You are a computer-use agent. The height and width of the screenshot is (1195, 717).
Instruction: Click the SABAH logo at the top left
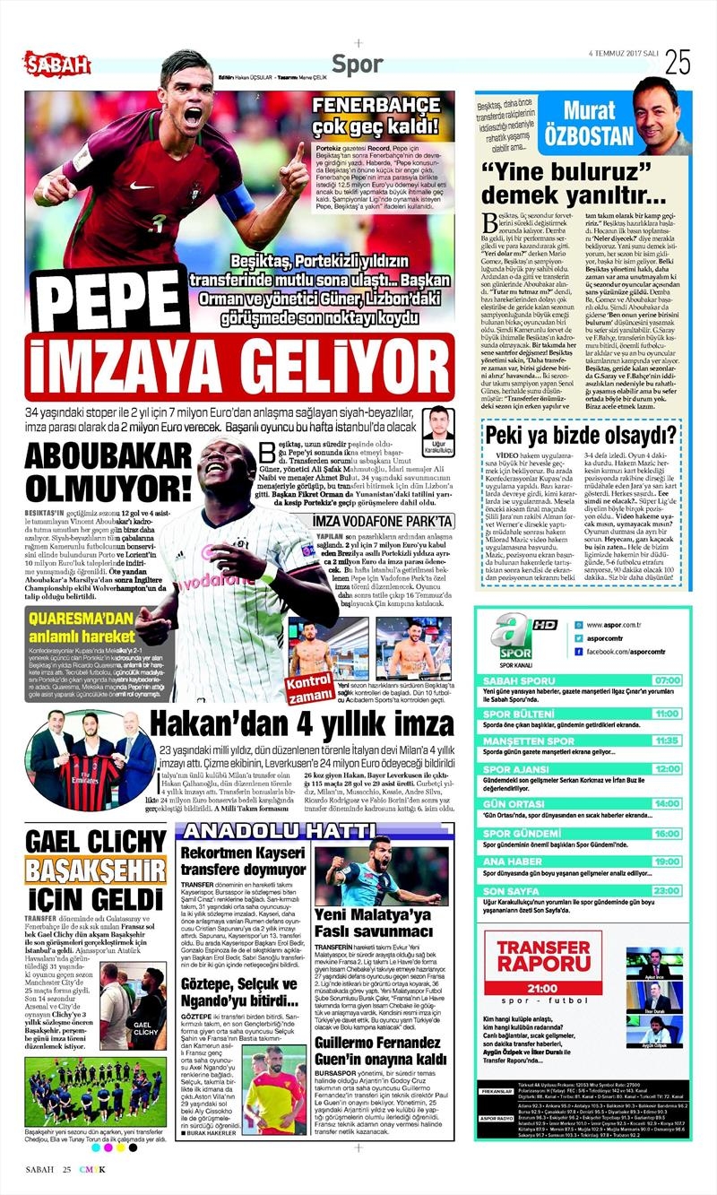pos(56,64)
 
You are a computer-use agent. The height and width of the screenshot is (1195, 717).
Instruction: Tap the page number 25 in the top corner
pos(677,62)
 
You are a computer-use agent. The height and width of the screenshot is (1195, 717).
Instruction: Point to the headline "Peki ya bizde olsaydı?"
pos(581,437)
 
